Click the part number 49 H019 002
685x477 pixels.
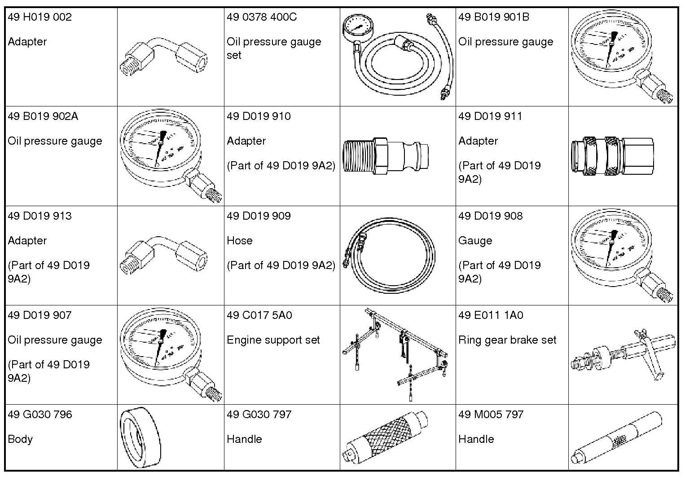coord(40,18)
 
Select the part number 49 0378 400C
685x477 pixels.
coord(262,18)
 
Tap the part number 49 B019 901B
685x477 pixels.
coord(494,18)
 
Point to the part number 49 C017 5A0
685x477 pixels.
coord(259,315)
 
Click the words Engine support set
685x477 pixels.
coord(273,340)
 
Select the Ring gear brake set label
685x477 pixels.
coord(507,340)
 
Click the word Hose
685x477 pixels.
coord(239,241)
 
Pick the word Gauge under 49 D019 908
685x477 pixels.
coord(475,241)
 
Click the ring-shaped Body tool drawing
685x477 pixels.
coord(140,438)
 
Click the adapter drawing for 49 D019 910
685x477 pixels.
coord(385,156)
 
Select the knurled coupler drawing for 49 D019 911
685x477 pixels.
coord(612,156)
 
